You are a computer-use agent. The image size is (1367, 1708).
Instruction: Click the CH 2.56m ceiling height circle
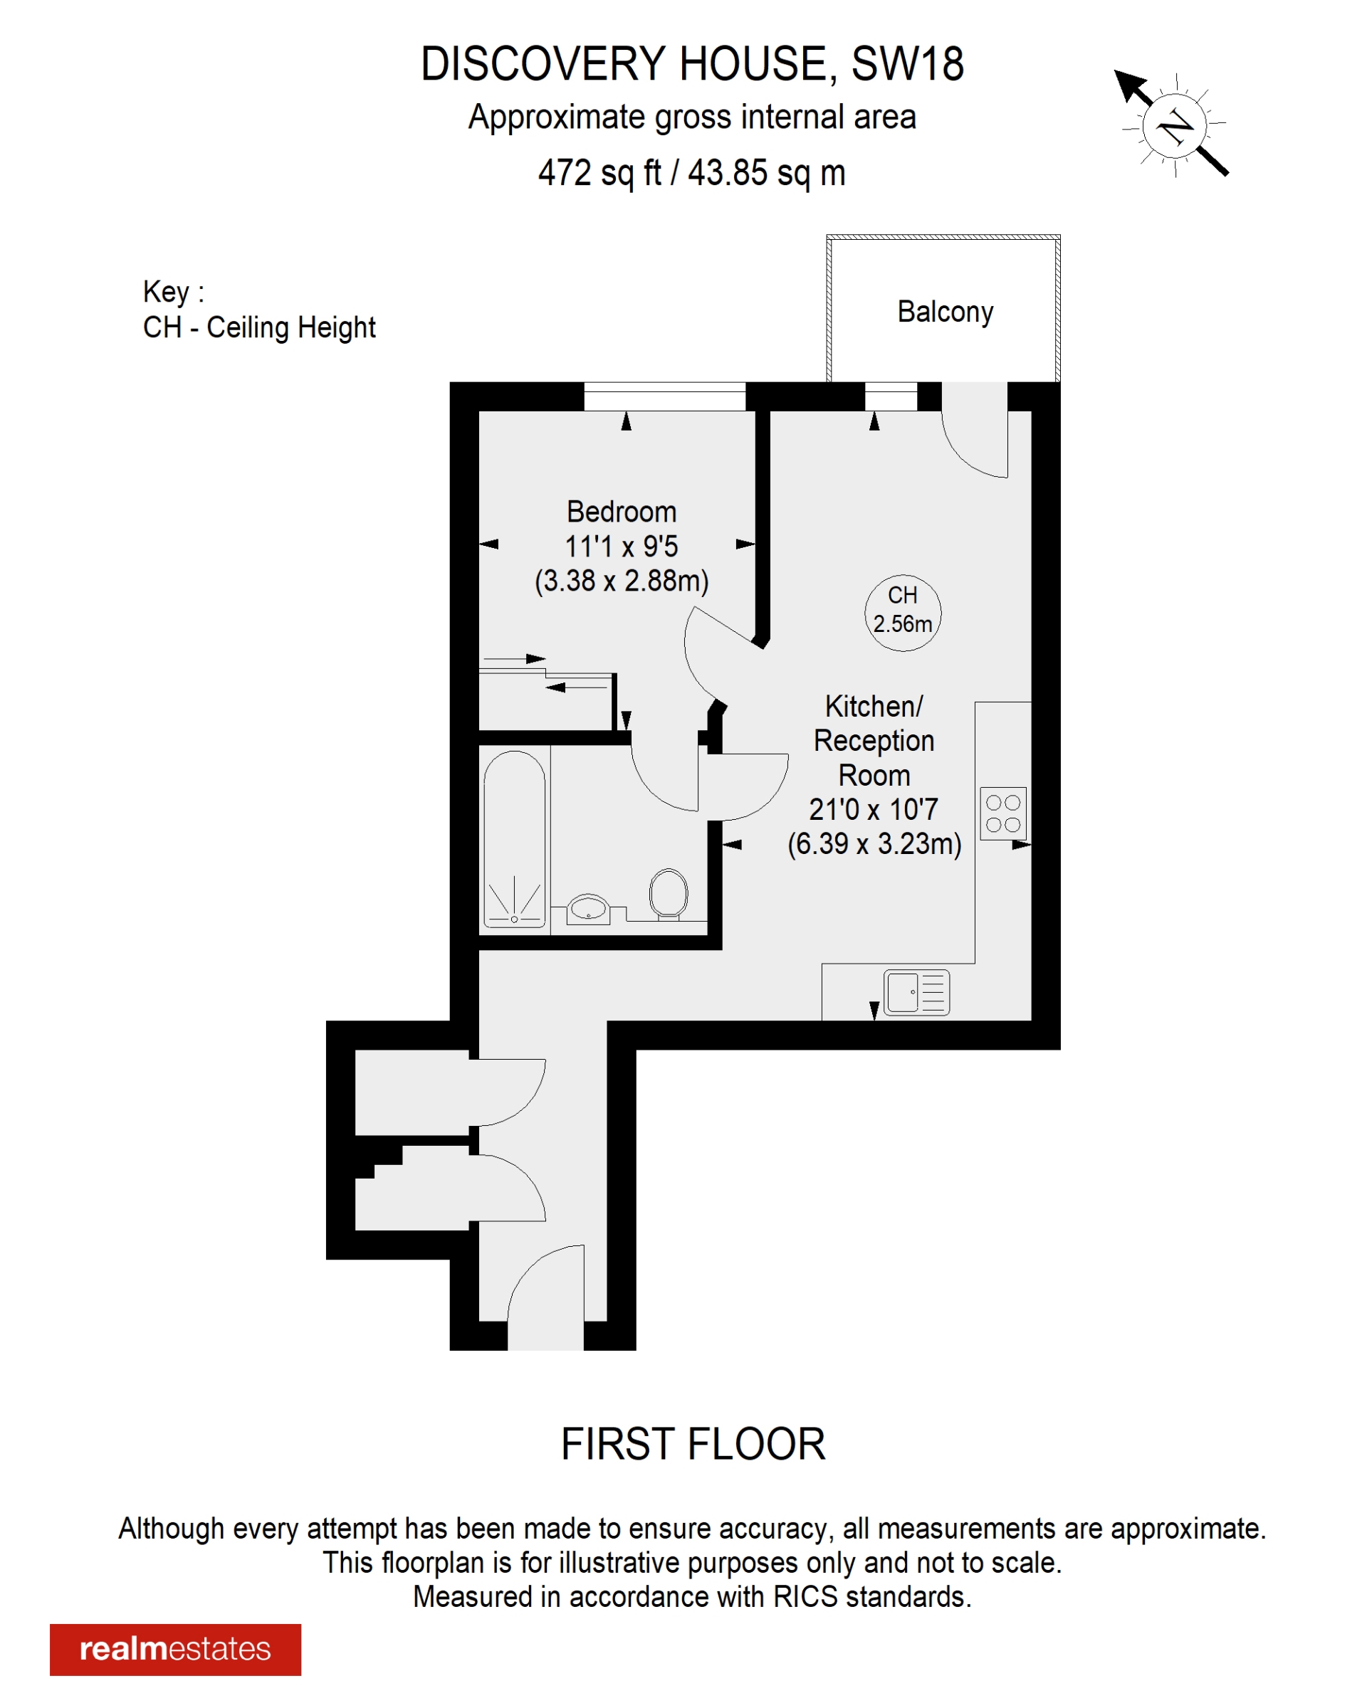click(903, 612)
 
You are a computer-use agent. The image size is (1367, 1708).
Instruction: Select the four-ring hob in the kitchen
click(1002, 813)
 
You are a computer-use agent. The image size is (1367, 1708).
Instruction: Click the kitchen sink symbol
click(916, 992)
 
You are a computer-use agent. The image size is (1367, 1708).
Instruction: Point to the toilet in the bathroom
click(668, 894)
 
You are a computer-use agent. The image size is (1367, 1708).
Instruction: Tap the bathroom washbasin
click(588, 908)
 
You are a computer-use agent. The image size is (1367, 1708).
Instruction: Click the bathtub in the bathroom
click(514, 838)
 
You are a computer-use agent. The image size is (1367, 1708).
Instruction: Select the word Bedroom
click(622, 512)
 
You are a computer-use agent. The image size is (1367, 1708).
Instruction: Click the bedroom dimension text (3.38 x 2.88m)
click(622, 581)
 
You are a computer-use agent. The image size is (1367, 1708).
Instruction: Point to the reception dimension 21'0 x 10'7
click(874, 809)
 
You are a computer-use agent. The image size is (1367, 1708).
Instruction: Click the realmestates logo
click(175, 1650)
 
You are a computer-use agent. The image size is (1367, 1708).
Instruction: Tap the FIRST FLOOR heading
click(693, 1444)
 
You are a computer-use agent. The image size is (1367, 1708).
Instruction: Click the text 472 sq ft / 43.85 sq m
click(692, 173)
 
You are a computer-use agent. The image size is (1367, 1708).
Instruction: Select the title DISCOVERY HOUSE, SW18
click(692, 64)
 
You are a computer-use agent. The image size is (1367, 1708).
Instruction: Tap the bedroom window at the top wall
click(664, 396)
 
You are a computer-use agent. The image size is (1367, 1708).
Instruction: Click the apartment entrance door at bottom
click(545, 1300)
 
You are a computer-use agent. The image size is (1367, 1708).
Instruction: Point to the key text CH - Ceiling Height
click(258, 327)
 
